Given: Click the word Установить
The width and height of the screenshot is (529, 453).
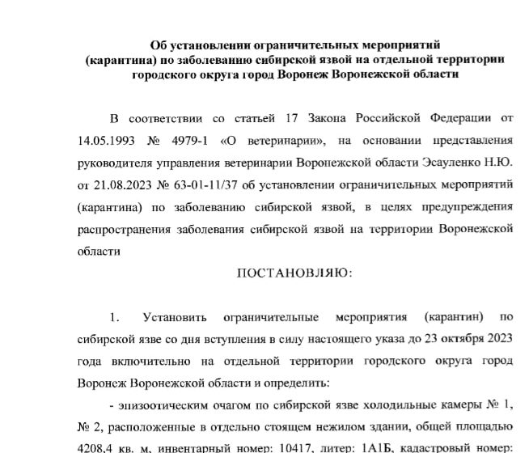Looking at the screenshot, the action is (176, 315).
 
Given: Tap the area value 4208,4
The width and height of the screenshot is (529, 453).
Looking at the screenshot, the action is (97, 446).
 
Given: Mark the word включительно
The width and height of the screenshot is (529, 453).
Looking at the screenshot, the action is (151, 359).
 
